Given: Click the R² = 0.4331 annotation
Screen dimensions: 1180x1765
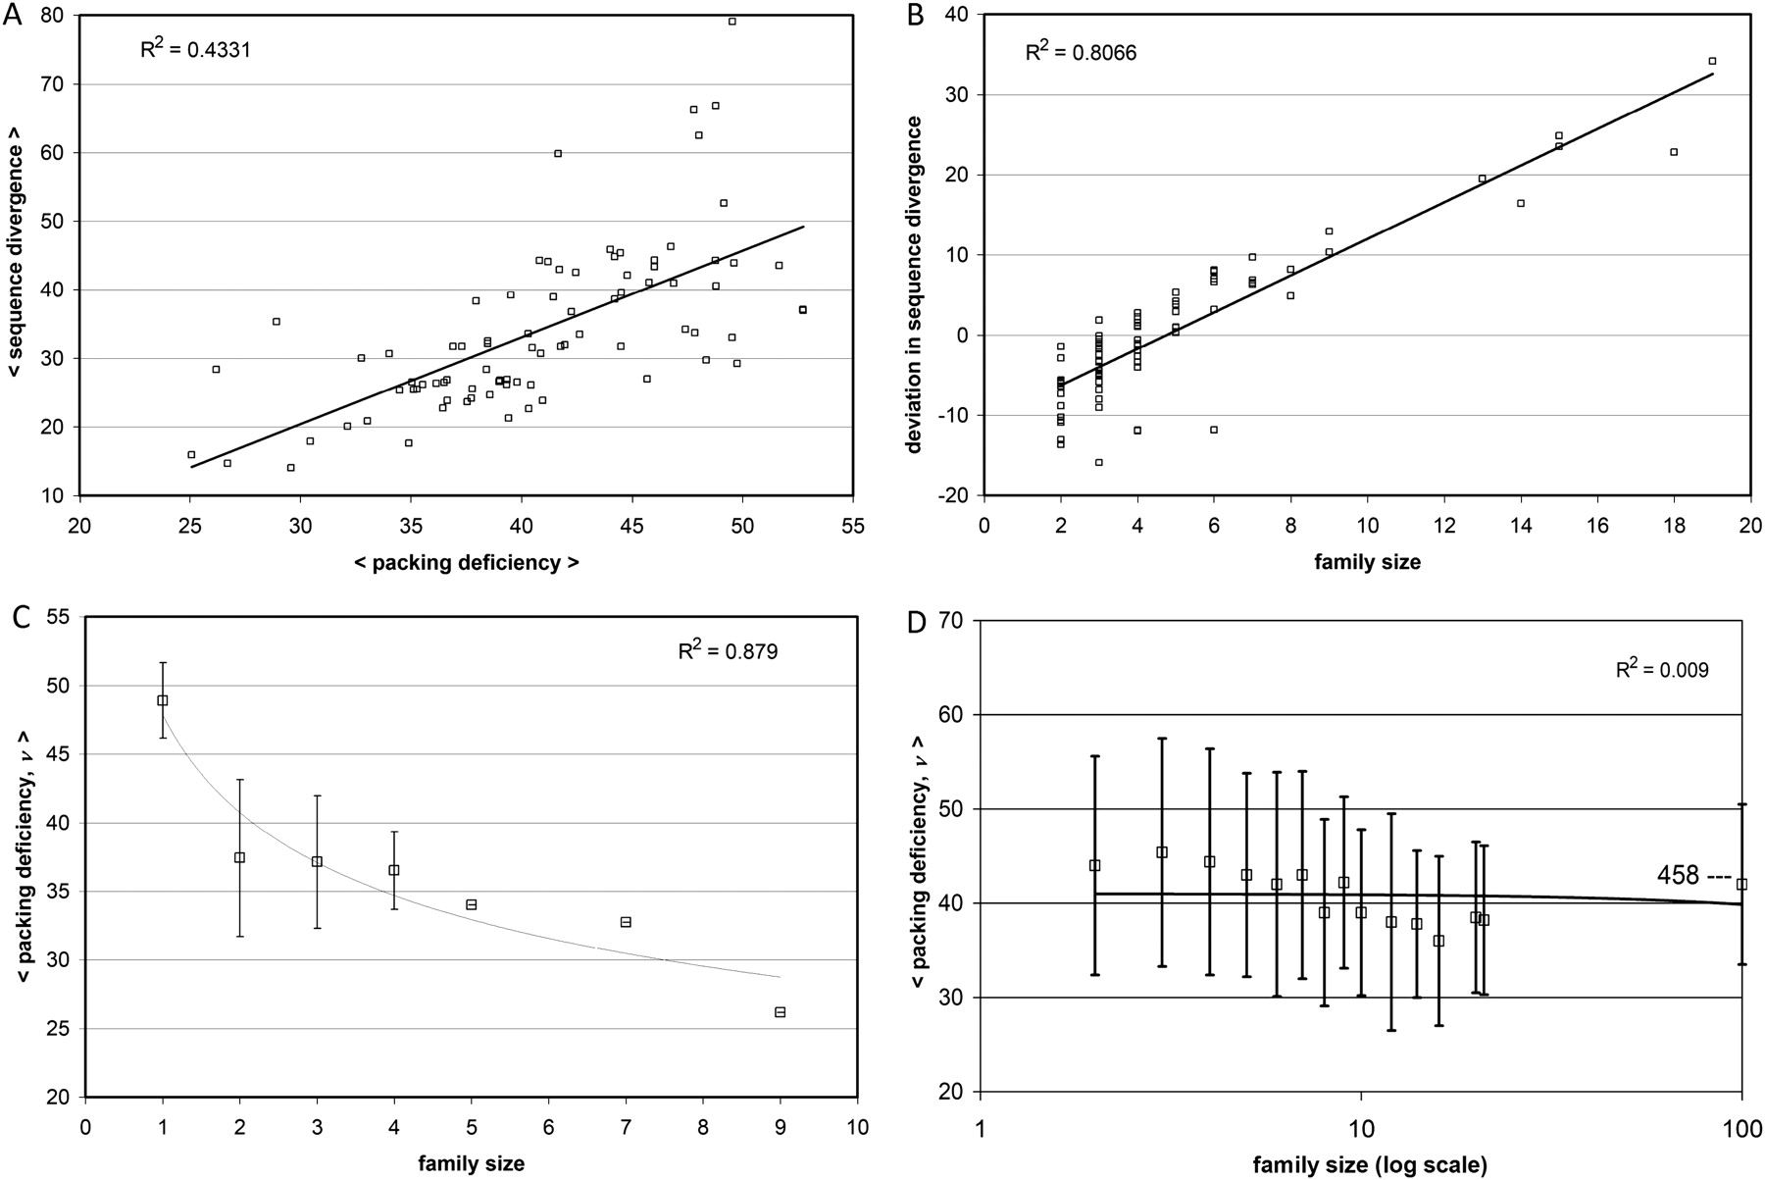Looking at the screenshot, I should pos(196,48).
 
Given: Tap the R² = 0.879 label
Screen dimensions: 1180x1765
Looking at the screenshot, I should pos(728,650).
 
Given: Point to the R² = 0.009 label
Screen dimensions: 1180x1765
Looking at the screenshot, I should pos(1662,670).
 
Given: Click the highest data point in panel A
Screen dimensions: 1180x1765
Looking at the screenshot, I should pos(731,22).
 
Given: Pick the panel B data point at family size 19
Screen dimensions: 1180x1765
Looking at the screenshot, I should pos(1712,61).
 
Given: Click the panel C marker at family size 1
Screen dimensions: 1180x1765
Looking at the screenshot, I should pos(163,700).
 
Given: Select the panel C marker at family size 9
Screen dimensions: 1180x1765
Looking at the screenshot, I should pos(780,1012).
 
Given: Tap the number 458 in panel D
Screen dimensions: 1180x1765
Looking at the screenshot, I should pos(1678,875).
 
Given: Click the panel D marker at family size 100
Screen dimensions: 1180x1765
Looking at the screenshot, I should pos(1741,885).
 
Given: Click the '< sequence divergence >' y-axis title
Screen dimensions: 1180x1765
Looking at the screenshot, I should pos(16,253).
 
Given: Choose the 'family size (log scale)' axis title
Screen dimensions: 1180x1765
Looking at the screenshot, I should pos(1369,1165).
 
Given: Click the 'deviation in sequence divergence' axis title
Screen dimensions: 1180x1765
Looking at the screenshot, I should pos(914,284).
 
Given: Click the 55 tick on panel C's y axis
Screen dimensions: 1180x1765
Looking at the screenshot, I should pos(60,618).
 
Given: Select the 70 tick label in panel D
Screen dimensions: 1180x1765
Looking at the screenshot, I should pos(951,621).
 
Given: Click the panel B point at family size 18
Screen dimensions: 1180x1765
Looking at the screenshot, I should pos(1674,152).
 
